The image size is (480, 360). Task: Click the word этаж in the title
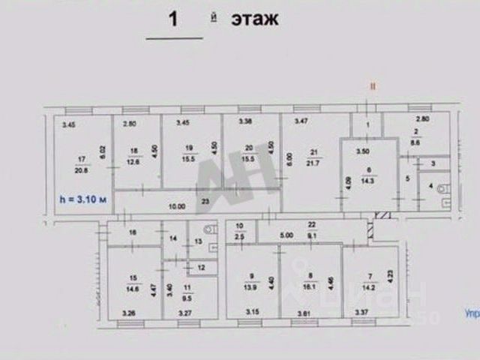pos(255,19)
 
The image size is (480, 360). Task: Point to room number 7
pos(368,275)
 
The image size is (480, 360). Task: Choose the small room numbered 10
pos(240,226)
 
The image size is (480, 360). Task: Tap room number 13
pos(196,241)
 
